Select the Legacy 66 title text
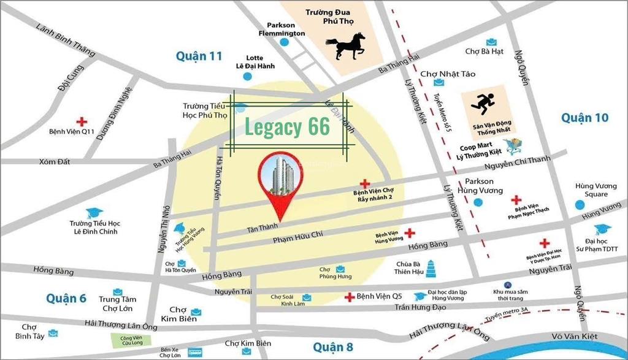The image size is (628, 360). [x=288, y=127]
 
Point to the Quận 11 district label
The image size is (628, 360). [x=199, y=56]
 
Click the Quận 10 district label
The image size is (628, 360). [x=584, y=117]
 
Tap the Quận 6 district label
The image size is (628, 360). [x=66, y=298]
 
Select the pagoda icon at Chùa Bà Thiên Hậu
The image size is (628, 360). [x=429, y=268]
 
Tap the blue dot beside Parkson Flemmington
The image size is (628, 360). [x=284, y=42]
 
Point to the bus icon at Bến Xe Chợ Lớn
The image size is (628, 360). [x=196, y=352]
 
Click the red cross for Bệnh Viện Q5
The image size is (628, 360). [x=349, y=297]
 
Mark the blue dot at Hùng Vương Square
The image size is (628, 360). [x=580, y=205]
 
